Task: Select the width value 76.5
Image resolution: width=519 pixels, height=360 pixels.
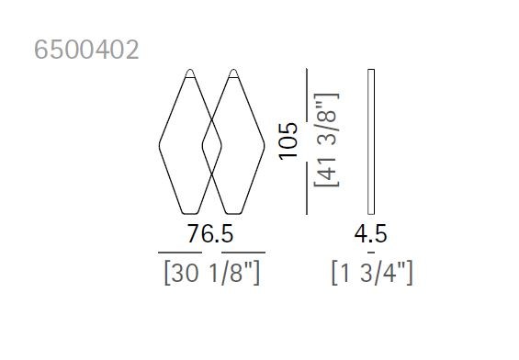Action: (x=210, y=235)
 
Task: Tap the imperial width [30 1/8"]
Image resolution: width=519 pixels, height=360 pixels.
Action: (x=210, y=273)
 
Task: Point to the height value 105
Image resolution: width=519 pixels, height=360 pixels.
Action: (x=290, y=141)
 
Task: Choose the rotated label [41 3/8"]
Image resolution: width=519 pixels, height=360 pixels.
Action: (x=327, y=141)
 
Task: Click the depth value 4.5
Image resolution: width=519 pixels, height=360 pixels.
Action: (x=371, y=235)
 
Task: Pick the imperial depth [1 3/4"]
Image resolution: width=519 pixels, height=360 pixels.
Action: (x=371, y=273)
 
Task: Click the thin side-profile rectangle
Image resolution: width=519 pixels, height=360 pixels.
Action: (x=370, y=140)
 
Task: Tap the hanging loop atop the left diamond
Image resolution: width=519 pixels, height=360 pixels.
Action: (x=190, y=72)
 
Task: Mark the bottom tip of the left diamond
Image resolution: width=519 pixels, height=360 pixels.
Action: (x=190, y=208)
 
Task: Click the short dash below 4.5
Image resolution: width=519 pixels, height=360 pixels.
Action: (x=371, y=252)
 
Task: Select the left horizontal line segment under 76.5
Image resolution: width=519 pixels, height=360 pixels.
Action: (x=178, y=252)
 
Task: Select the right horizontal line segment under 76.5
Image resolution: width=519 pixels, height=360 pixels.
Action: (x=243, y=252)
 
